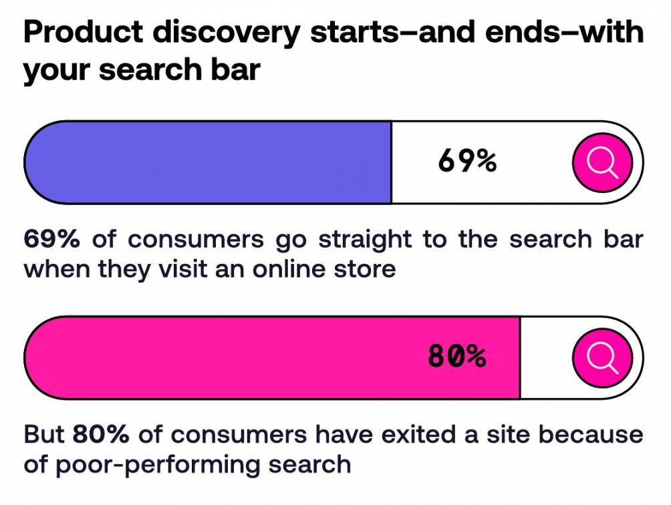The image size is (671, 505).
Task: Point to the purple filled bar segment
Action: coord(207,162)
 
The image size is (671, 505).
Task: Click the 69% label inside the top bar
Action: coord(467,162)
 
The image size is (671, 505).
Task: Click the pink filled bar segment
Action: coord(267,358)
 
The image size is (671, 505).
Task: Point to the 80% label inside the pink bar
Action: coord(456,357)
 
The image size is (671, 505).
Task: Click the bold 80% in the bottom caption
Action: coord(100,435)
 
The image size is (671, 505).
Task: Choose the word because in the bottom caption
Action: coord(591,435)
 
